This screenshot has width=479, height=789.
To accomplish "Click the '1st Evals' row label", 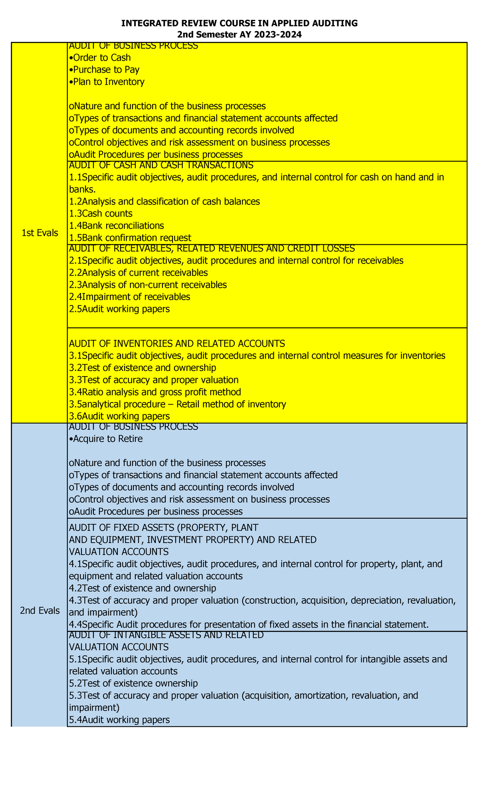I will pos(40,233).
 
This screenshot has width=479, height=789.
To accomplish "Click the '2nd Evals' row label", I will pos(40,610).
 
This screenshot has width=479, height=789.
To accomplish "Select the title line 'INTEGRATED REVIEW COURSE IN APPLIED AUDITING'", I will pos(239,24).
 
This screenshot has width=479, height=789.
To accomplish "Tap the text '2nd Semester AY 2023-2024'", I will pos(239,35).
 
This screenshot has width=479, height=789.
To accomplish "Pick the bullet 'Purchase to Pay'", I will pos(104,69).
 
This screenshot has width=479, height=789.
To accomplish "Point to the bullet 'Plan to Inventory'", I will pos(107,82).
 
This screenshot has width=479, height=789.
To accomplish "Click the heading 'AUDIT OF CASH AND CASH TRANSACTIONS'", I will pos(161,165).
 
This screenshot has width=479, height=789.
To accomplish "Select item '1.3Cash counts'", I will pos(101,213).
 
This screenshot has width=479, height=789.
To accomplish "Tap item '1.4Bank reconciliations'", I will pos(116,225).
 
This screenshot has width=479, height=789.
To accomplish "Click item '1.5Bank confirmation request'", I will pos(130,238).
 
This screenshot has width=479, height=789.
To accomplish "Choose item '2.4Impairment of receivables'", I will pos(129,297).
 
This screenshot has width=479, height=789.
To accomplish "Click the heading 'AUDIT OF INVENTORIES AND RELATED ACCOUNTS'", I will pos(177,343).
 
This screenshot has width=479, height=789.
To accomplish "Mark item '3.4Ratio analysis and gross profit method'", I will pos(155,392).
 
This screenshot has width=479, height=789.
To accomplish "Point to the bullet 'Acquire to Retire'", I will pos(105,439).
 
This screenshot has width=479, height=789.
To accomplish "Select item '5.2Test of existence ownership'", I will pos(133,683).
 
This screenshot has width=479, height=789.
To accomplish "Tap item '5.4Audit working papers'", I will pos(119,720).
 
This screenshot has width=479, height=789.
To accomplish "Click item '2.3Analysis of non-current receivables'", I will pos(148,285).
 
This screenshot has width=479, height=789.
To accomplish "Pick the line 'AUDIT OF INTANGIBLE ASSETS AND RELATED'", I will pos(166,634).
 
